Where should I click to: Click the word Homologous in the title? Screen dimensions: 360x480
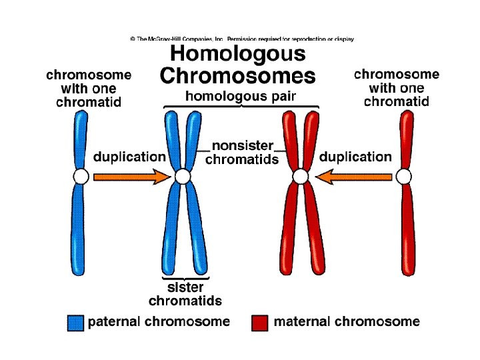click(238, 53)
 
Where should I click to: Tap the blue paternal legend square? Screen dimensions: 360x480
click(75, 322)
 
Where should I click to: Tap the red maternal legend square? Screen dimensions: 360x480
click(261, 322)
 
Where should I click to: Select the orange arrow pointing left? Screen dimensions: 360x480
click(353, 177)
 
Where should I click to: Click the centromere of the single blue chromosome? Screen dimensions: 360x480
click(80, 177)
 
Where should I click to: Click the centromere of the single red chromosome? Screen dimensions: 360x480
click(403, 177)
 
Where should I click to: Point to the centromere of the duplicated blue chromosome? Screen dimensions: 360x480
click(183, 177)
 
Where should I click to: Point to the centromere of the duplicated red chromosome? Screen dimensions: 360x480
click(301, 177)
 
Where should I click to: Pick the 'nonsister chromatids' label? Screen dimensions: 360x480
click(242, 152)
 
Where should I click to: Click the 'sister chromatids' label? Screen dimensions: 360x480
click(185, 294)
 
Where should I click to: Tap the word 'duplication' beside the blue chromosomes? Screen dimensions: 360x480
click(129, 157)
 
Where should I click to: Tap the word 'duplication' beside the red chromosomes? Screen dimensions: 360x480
click(355, 157)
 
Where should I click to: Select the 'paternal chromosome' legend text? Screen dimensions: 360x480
click(159, 321)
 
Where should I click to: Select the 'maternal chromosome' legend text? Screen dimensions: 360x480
click(347, 321)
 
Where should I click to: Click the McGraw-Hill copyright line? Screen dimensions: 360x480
click(241, 39)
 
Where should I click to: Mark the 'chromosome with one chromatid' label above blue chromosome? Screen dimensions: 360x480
click(89, 88)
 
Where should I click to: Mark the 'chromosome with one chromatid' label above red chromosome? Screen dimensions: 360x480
click(397, 88)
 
